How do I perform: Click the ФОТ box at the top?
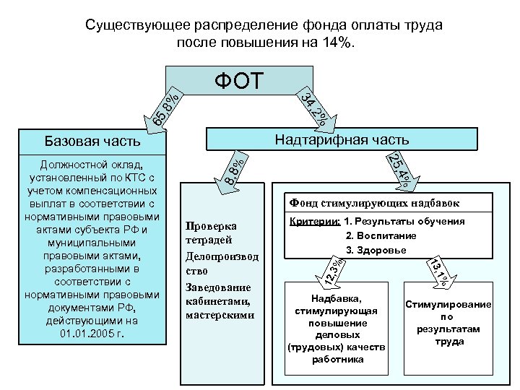[x=239, y=80]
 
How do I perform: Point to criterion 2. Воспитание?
[x=381, y=235]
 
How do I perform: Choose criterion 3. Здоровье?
[x=376, y=250]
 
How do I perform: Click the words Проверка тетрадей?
[x=210, y=231]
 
